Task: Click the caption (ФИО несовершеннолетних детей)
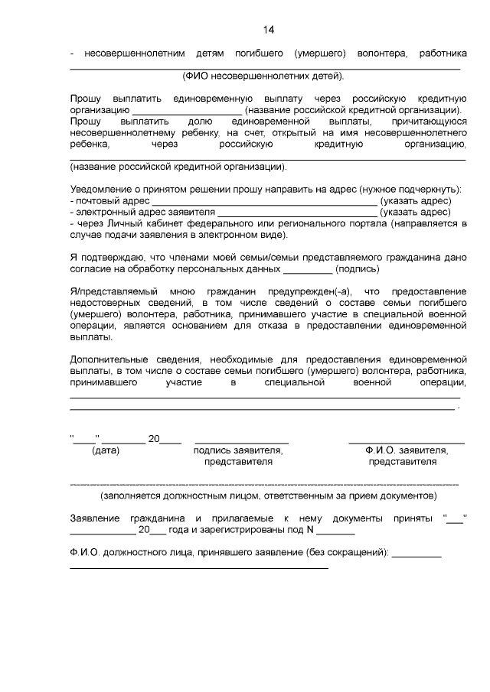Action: (263, 76)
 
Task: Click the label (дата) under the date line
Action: (106, 450)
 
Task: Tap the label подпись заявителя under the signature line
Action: (237, 450)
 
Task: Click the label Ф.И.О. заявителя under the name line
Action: (406, 450)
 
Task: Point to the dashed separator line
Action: (264, 485)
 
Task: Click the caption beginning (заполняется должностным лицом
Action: (263, 495)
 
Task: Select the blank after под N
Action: (335, 531)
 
